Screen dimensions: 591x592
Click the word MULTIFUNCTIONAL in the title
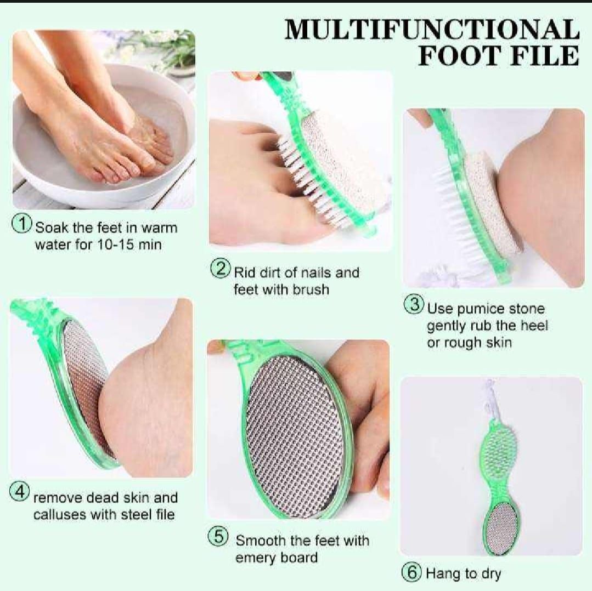431,30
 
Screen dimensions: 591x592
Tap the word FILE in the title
543,56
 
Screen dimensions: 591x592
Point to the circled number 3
414,305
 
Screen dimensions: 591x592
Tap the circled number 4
20,492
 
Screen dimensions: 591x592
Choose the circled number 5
217,536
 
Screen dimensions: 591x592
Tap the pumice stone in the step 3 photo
490,208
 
